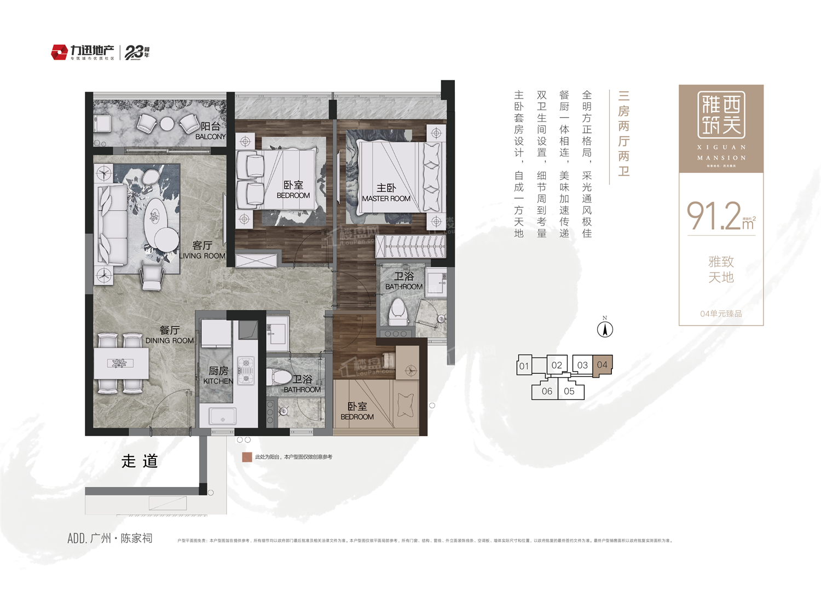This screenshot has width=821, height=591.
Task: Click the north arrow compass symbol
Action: point(605,329)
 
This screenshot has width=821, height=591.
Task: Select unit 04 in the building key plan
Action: point(602,365)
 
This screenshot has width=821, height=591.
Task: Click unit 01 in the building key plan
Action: point(524,366)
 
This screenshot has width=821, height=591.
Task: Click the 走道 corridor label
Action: point(140,461)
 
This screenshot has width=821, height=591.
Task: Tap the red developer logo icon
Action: point(59,53)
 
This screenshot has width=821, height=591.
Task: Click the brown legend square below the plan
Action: point(247,457)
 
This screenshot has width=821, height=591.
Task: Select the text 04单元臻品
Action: point(721,314)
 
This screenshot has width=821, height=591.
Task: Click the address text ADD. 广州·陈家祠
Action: point(110,538)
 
